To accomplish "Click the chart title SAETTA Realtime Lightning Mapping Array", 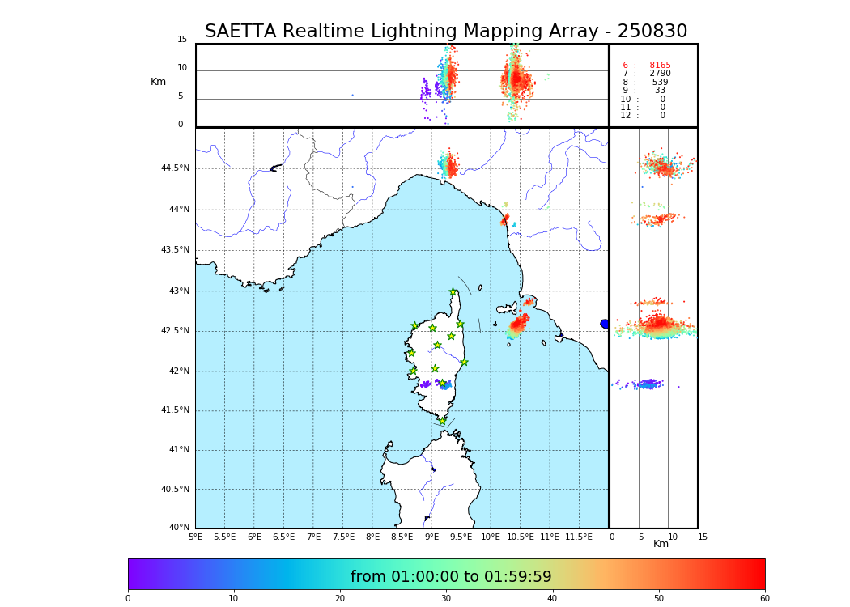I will coord(446,32).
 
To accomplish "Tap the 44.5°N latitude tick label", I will coord(175,168).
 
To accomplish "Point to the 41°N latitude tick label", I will coord(177,450).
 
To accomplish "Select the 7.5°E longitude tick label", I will coord(342,537).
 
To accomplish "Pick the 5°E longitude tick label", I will coord(196,537).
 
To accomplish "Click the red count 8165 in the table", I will coord(660,66).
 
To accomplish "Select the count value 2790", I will coord(660,74).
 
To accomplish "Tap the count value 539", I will coord(660,83).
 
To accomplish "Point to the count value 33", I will coord(660,91).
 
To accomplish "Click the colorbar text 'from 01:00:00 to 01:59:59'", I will coord(451,577).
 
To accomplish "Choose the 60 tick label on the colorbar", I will coord(764,598).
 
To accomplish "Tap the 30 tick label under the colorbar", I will coord(446,598).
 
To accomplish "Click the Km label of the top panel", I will coord(158,82).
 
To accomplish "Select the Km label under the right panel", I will coord(661,544).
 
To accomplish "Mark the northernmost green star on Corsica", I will coord(453,292).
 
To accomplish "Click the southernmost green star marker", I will coord(442,421).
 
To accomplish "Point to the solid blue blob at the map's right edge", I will coord(604,324).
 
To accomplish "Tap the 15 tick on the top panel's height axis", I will coord(182,40).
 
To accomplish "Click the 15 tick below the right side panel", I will coord(703,537).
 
